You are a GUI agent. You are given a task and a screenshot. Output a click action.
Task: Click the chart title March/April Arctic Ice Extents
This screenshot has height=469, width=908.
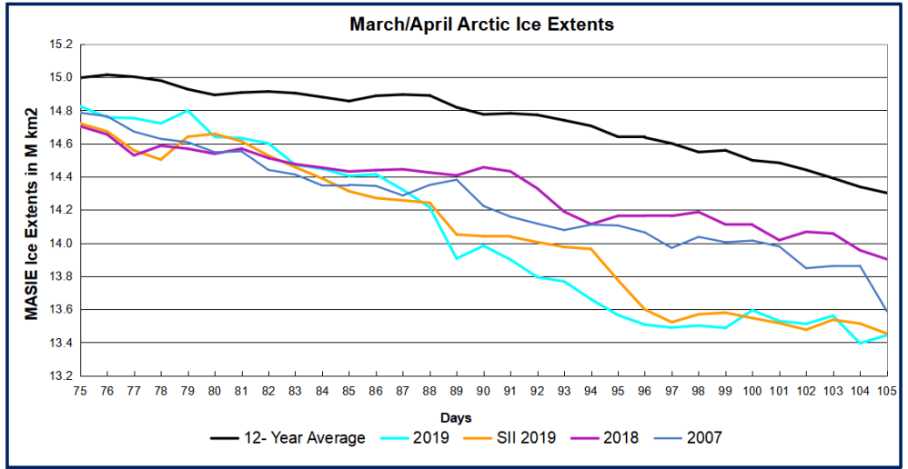pyautogui.click(x=481, y=25)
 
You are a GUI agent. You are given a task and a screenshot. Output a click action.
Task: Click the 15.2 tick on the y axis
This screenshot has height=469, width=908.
pyautogui.click(x=59, y=44)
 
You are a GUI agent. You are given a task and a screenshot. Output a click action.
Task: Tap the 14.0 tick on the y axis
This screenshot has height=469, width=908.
pyautogui.click(x=59, y=244)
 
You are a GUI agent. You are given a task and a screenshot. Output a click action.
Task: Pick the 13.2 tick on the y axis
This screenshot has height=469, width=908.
pyautogui.click(x=59, y=376)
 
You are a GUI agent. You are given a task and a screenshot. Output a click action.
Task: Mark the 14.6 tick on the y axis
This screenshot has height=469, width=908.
pyautogui.click(x=59, y=144)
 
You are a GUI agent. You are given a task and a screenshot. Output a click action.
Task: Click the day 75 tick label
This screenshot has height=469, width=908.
pyautogui.click(x=81, y=391)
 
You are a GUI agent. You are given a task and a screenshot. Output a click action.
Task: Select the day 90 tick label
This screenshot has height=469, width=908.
pyautogui.click(x=483, y=391)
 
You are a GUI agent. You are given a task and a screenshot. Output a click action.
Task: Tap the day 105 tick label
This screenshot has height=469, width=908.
pyautogui.click(x=886, y=391)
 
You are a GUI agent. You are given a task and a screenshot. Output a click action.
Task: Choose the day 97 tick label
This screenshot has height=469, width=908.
pyautogui.click(x=671, y=391)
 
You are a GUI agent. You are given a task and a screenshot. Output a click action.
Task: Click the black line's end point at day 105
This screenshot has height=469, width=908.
pyautogui.click(x=886, y=193)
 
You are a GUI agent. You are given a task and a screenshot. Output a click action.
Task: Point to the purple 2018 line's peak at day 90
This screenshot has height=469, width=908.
pyautogui.click(x=483, y=167)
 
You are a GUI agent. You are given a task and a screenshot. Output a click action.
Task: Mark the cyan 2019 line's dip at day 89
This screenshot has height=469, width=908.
pyautogui.click(x=457, y=258)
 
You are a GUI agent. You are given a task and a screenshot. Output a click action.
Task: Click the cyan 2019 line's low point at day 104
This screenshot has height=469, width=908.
pyautogui.click(x=860, y=343)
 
